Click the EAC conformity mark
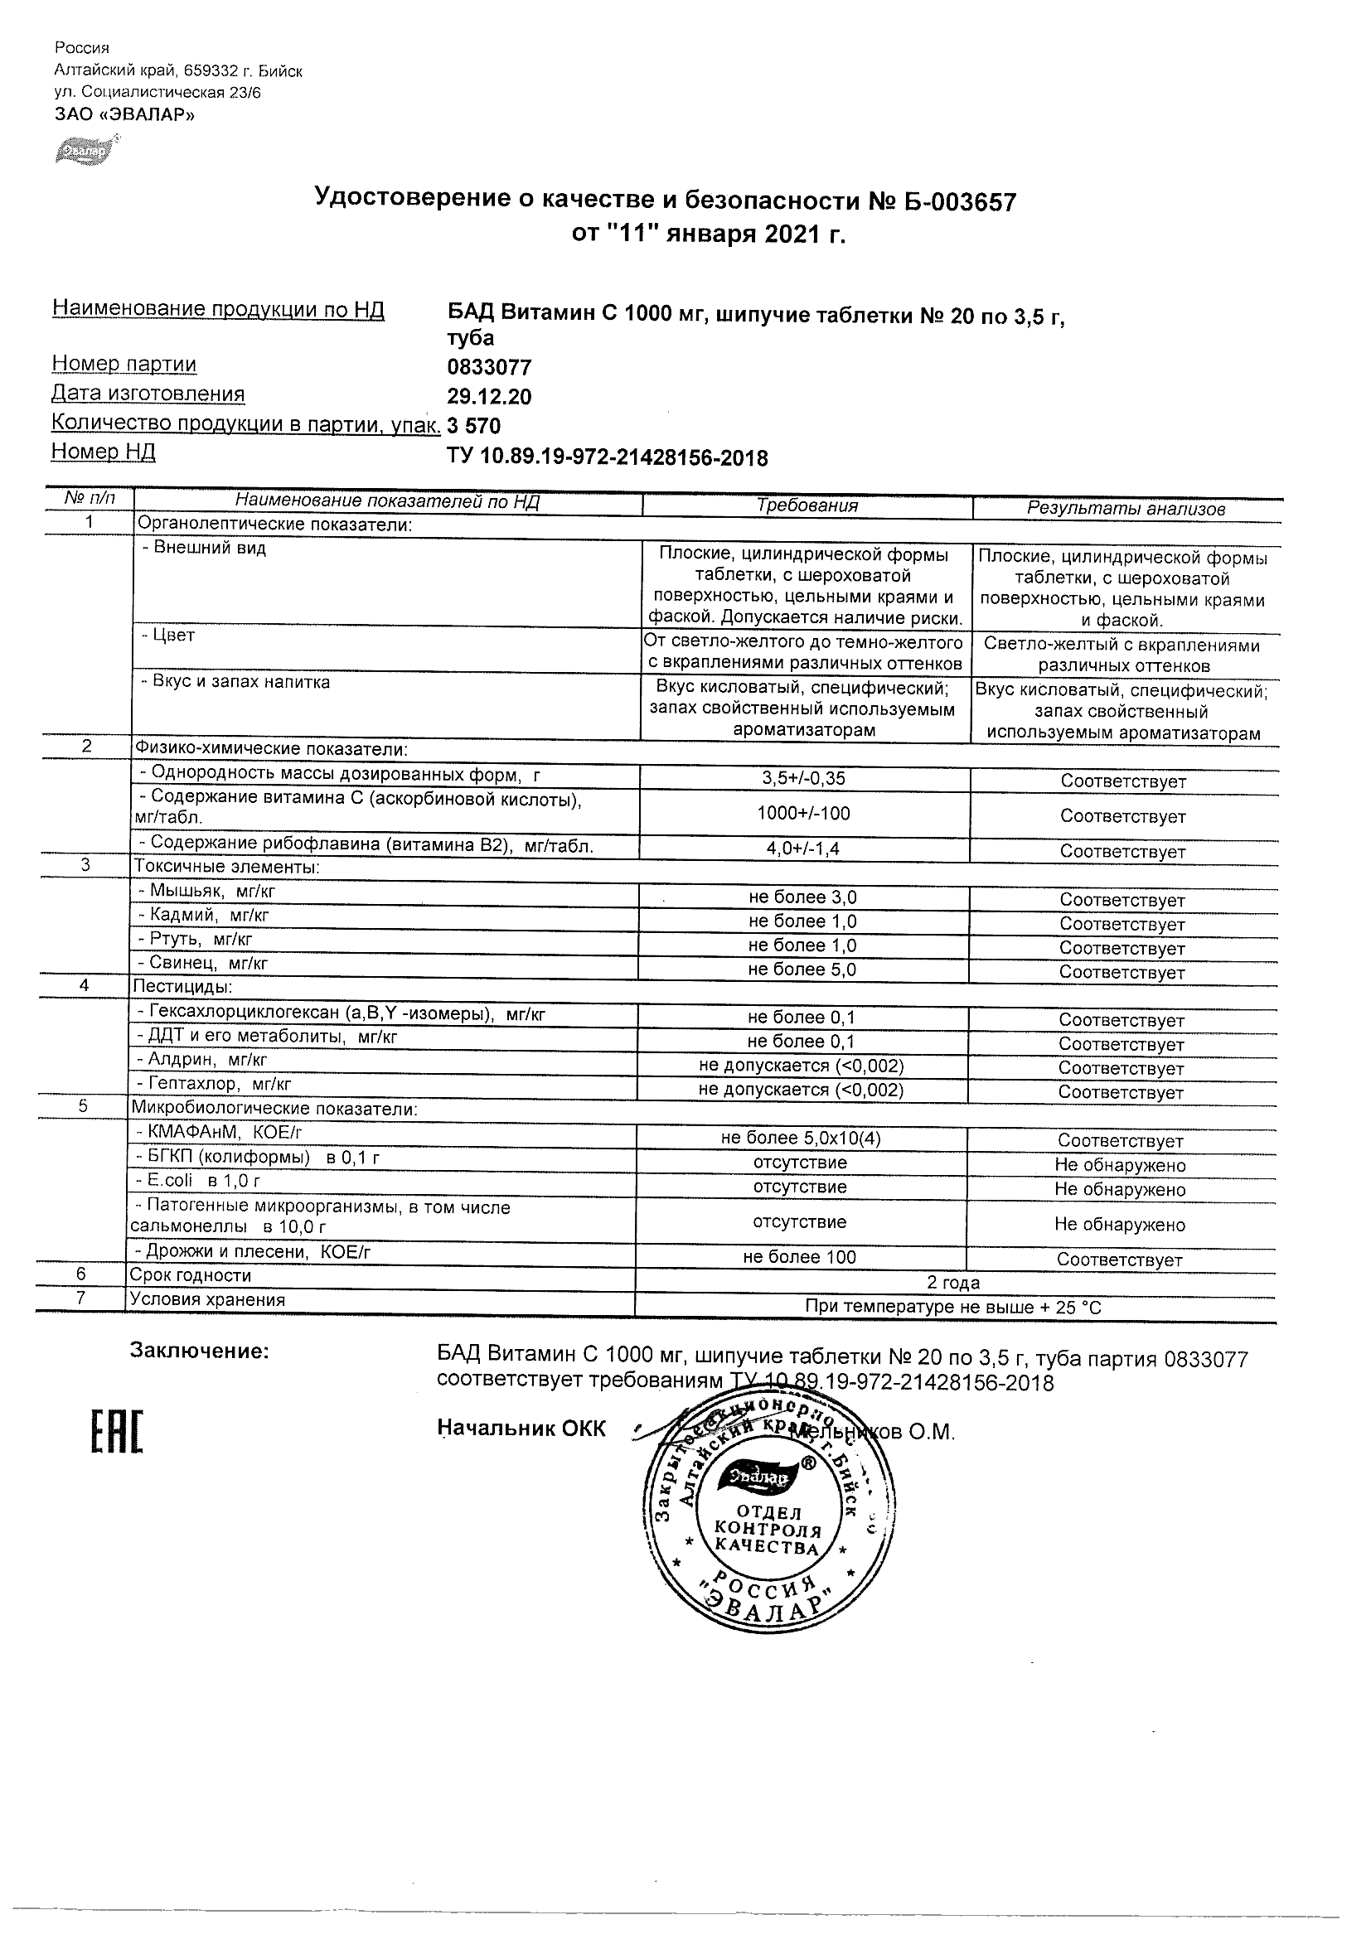117,1433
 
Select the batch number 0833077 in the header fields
489,367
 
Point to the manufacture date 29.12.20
489,397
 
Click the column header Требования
807,505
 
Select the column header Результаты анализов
1125,509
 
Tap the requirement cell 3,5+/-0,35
803,779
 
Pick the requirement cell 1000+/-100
803,813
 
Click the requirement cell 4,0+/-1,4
802,849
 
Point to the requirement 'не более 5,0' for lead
802,970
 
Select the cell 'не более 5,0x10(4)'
800,1139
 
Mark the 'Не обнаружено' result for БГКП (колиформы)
1119,1165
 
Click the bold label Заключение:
200,1351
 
